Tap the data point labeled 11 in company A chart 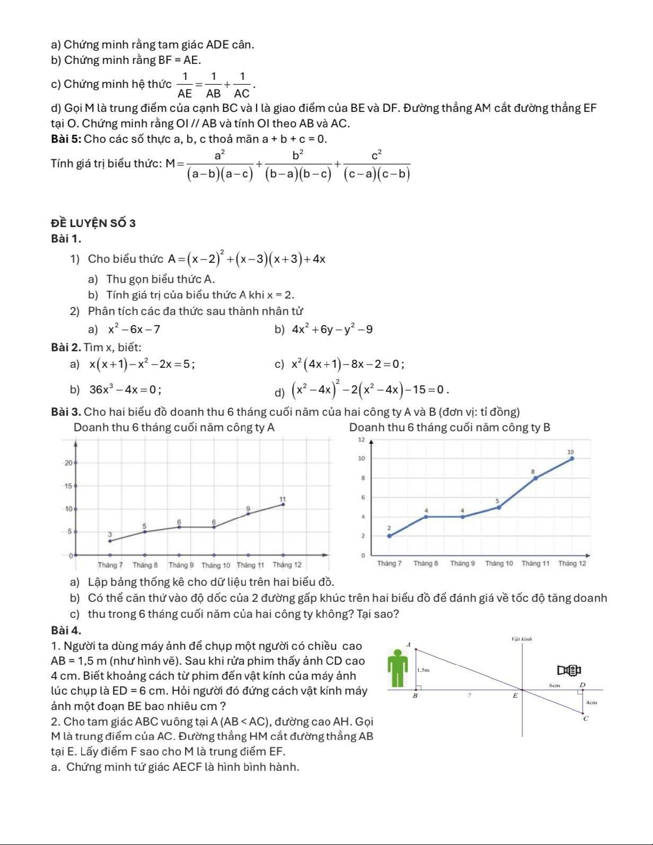coord(283,504)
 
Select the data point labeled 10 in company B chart coord(572,458)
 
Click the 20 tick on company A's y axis coord(69,463)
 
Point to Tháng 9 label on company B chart coord(462,563)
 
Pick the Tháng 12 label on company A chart coord(287,565)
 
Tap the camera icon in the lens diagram coord(569,670)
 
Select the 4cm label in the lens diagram coord(591,703)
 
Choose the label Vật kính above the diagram coord(521,638)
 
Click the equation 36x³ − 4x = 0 coord(126,389)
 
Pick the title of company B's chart coord(449,427)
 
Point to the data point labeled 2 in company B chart coord(389,536)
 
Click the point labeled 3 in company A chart coord(110,541)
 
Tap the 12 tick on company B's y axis coord(361,440)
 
